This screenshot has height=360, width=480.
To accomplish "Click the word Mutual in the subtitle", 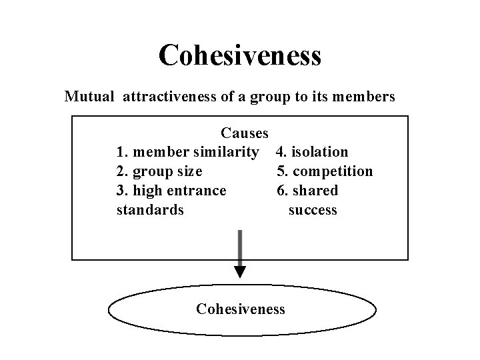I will click(x=90, y=97).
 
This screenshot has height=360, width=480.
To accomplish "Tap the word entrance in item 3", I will click(x=199, y=191).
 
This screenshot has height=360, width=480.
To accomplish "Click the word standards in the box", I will click(x=150, y=210).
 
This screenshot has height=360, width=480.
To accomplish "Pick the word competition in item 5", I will click(x=333, y=171).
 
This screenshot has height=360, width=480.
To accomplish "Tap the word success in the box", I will click(x=313, y=210).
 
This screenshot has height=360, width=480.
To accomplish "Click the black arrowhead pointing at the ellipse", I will click(x=240, y=271).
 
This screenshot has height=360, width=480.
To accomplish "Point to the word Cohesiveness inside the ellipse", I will click(x=241, y=309).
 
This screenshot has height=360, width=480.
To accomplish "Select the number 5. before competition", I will click(x=282, y=171).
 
